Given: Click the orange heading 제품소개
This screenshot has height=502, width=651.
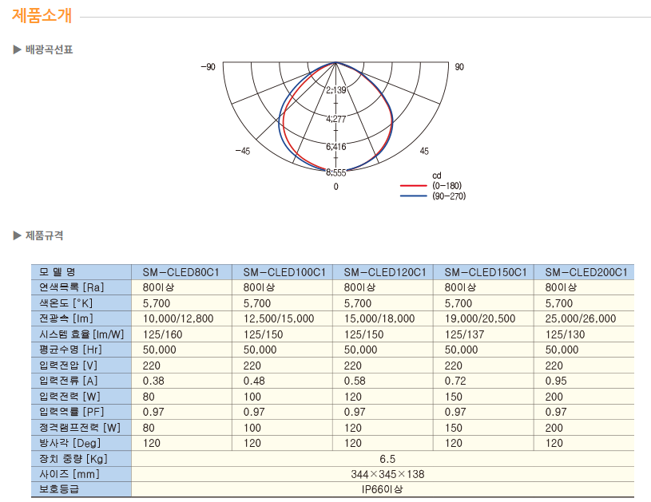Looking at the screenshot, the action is click(42, 16).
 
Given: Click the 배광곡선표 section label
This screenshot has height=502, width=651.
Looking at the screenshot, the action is click(49, 49).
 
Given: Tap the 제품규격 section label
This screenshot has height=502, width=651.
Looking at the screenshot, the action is click(45, 235).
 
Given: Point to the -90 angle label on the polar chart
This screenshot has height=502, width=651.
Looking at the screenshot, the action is click(208, 67).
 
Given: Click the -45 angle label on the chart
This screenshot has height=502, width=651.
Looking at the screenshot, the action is click(243, 151).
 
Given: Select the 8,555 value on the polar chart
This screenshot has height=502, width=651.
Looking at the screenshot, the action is click(335, 172).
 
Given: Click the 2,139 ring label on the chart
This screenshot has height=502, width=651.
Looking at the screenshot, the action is click(335, 90).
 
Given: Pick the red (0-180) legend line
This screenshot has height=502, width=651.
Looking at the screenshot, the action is click(414, 185).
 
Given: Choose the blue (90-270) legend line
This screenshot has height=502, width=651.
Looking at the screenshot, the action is click(414, 196).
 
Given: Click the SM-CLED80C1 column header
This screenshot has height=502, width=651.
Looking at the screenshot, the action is click(181, 272).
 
